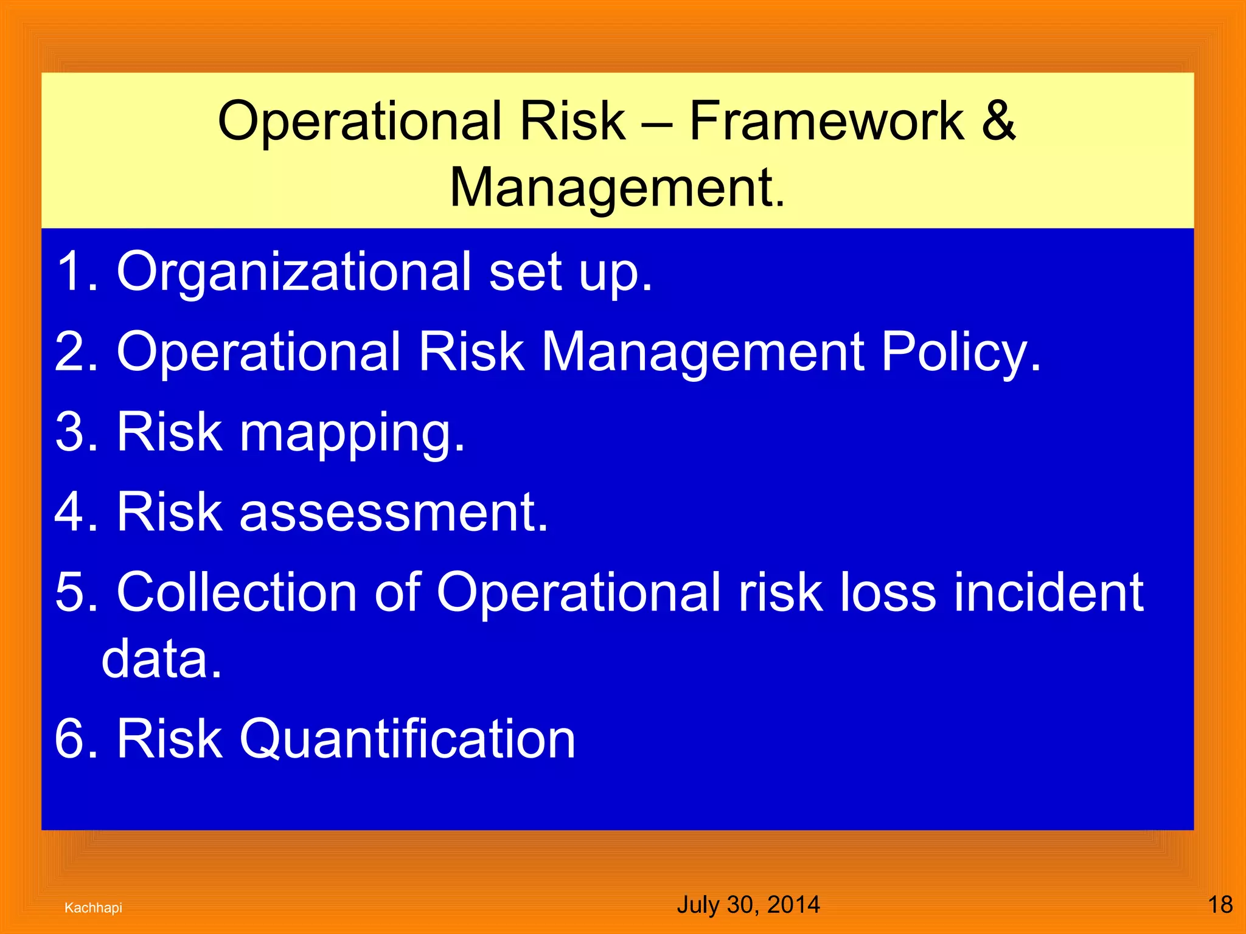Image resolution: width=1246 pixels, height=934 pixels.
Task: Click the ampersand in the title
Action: coord(998,120)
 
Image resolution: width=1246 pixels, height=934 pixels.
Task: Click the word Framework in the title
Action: coord(826,120)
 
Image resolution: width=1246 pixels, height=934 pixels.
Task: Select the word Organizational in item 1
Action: coord(293,271)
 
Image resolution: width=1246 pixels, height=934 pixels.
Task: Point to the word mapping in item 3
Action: coord(352,433)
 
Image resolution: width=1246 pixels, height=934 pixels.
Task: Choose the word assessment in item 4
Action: coord(394,512)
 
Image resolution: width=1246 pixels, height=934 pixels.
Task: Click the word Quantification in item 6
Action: coord(407,738)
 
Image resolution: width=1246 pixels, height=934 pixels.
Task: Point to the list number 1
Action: coord(74,271)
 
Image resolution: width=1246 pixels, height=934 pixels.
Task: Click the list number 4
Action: coord(74,512)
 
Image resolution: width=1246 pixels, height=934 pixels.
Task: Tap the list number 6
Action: coord(74,738)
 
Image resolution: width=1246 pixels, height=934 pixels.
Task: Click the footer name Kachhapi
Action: coord(93,908)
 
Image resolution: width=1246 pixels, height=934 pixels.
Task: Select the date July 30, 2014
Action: coord(748,905)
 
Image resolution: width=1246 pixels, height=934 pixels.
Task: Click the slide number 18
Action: coord(1220,905)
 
